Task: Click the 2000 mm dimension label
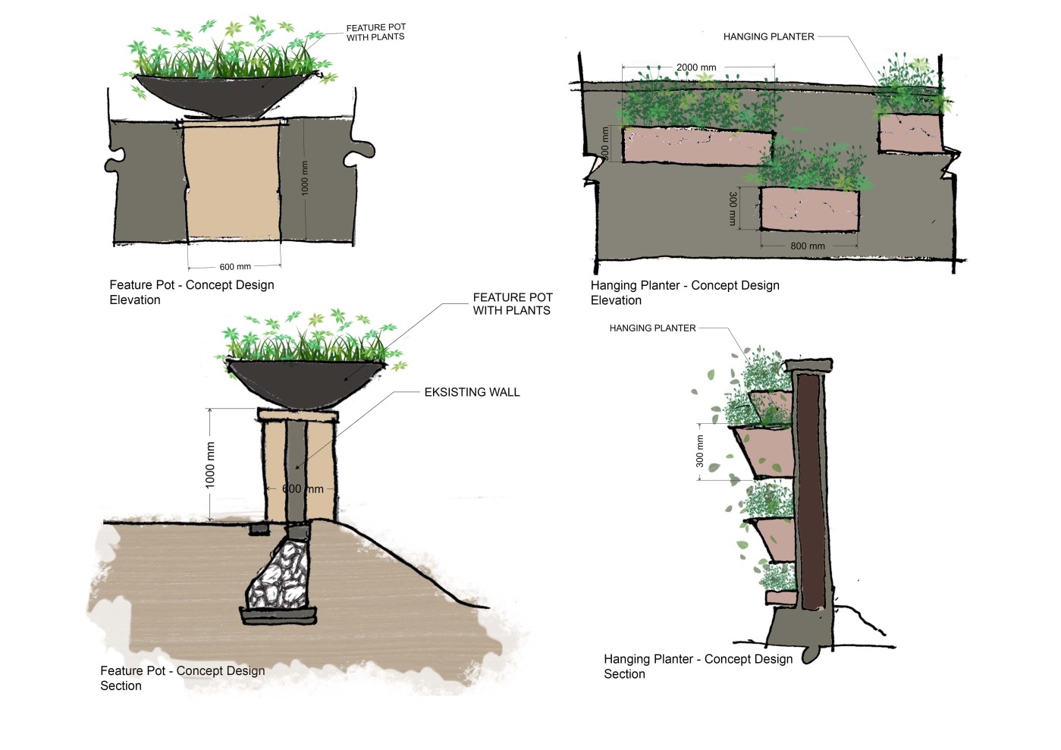pos(696,67)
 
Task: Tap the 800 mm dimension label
pos(807,246)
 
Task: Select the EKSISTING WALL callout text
pos(472,392)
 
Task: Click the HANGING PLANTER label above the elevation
pos(768,36)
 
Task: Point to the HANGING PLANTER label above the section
pos(652,328)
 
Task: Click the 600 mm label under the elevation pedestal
pos(235,267)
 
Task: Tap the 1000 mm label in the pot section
pos(211,464)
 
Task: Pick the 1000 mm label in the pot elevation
pos(305,177)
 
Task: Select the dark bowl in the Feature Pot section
pos(303,379)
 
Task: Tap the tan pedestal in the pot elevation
pos(232,182)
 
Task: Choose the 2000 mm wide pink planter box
pos(694,146)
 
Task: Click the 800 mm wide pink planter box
pos(809,209)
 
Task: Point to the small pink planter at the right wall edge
pos(909,133)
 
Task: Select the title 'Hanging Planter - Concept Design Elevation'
pos(684,293)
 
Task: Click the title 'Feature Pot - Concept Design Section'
pos(182,678)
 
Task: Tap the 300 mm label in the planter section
pos(700,450)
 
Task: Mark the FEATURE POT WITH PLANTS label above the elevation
pos(375,32)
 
